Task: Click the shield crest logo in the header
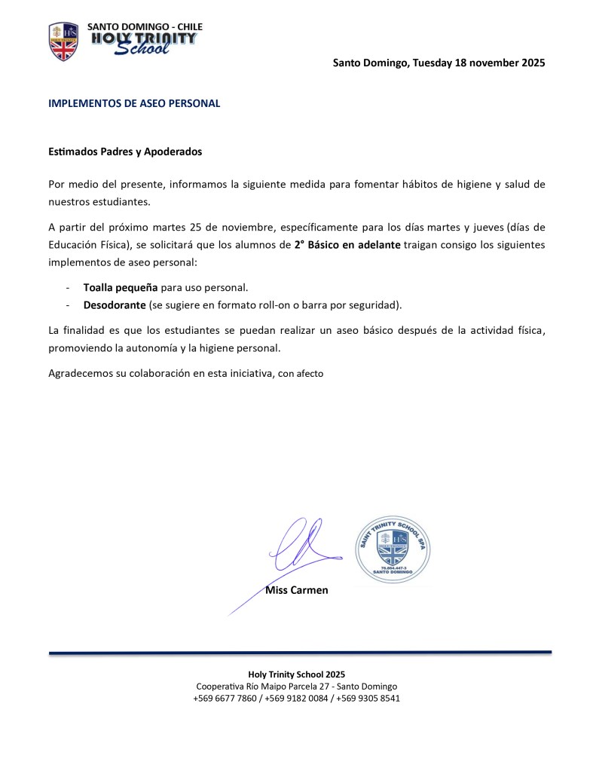click(x=63, y=42)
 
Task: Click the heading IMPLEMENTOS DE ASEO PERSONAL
click(x=134, y=103)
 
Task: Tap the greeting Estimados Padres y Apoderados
click(x=125, y=151)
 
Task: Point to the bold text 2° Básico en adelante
click(x=347, y=245)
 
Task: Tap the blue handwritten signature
click(x=298, y=546)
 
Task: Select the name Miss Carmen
click(x=297, y=590)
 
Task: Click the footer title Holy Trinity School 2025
click(x=297, y=674)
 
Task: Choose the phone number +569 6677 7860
click(x=225, y=698)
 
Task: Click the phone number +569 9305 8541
click(x=368, y=698)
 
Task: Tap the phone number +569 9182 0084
click(x=296, y=698)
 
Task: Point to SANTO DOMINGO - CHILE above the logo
click(x=145, y=26)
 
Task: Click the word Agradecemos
click(x=81, y=373)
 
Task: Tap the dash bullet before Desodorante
click(x=69, y=304)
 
